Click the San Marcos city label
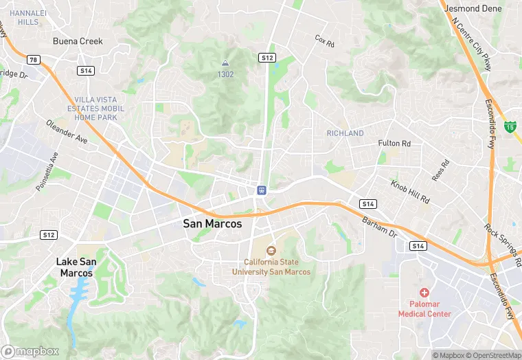click(217, 223)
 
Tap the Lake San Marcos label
click(76, 267)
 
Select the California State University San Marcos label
click(271, 267)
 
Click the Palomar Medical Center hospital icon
click(424, 293)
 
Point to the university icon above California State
click(271, 251)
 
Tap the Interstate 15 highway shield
click(510, 126)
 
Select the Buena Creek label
click(78, 41)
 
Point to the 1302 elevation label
click(225, 74)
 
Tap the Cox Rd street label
click(324, 41)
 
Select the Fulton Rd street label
click(394, 144)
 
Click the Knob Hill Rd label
click(409, 192)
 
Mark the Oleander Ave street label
click(67, 131)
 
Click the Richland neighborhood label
click(345, 133)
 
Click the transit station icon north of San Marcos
click(262, 190)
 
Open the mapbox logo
click(31, 351)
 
